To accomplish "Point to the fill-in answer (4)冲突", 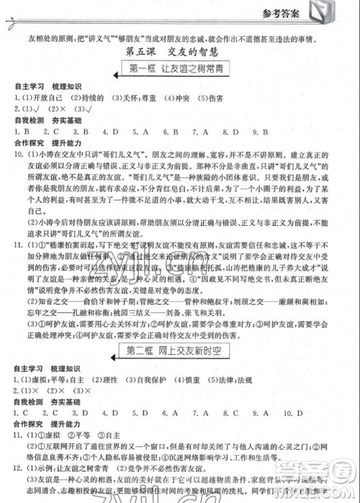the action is tap(181, 97).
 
